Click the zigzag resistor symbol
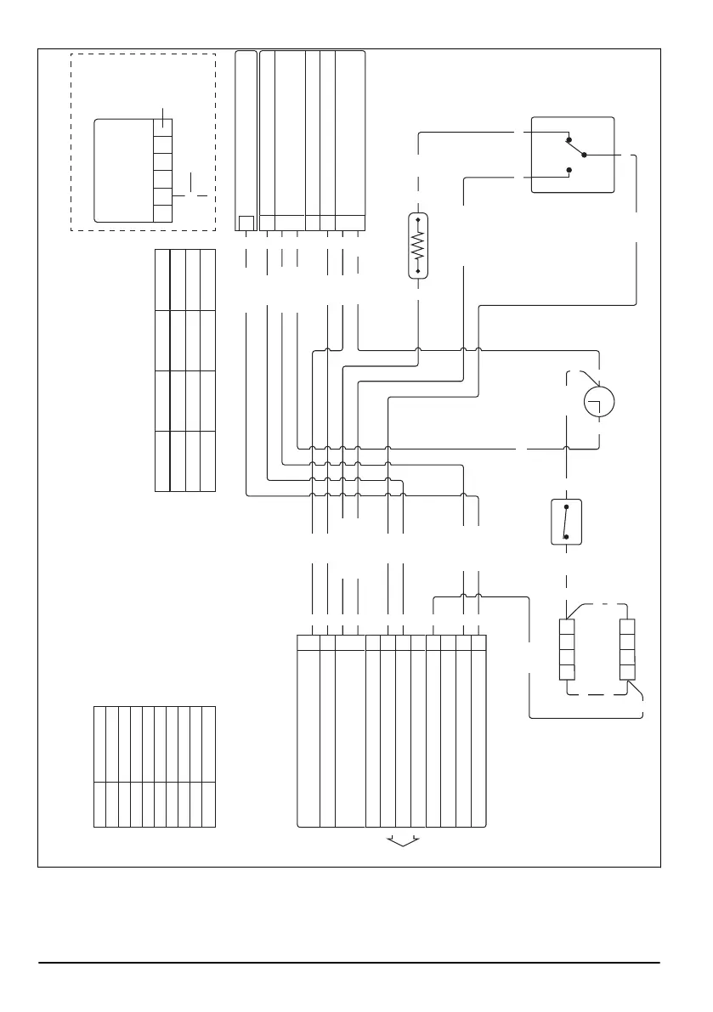pyautogui.click(x=418, y=245)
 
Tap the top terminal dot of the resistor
pyautogui.click(x=418, y=218)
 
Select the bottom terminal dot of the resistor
pyautogui.click(x=418, y=271)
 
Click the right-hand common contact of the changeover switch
pyautogui.click(x=584, y=155)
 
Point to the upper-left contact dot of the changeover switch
pyautogui.click(x=569, y=139)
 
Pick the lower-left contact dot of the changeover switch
pyautogui.click(x=569, y=171)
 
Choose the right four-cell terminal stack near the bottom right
pyautogui.click(x=627, y=649)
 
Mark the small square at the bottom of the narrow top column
pyautogui.click(x=246, y=223)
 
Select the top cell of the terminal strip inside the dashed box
pyautogui.click(x=162, y=128)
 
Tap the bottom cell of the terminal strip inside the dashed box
pyautogui.click(x=162, y=213)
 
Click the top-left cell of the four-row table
pyautogui.click(x=162, y=280)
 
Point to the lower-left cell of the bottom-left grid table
pyautogui.click(x=99, y=804)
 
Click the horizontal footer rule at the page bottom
pyautogui.click(x=348, y=963)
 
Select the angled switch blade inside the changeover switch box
pyautogui.click(x=576, y=148)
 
